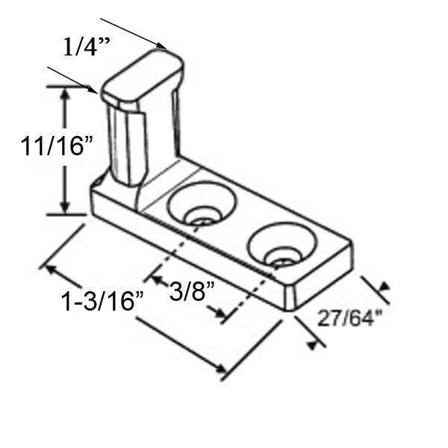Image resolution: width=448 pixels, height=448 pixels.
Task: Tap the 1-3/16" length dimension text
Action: click(x=102, y=302)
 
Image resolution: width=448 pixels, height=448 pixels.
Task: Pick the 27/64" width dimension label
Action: click(x=349, y=319)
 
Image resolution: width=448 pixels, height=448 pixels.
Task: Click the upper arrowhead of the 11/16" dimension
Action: click(x=66, y=93)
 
